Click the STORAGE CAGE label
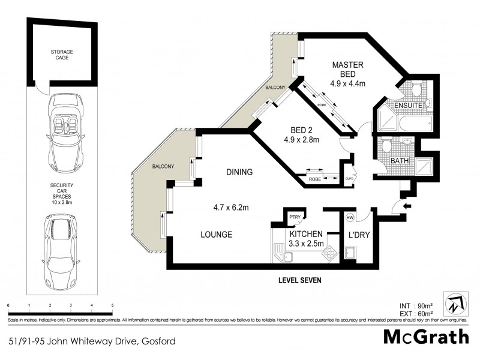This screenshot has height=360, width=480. [x=62, y=55]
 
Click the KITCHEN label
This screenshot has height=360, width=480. [x=307, y=233]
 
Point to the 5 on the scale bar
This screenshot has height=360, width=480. [x=112, y=305]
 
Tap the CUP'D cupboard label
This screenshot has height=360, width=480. [x=349, y=178]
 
